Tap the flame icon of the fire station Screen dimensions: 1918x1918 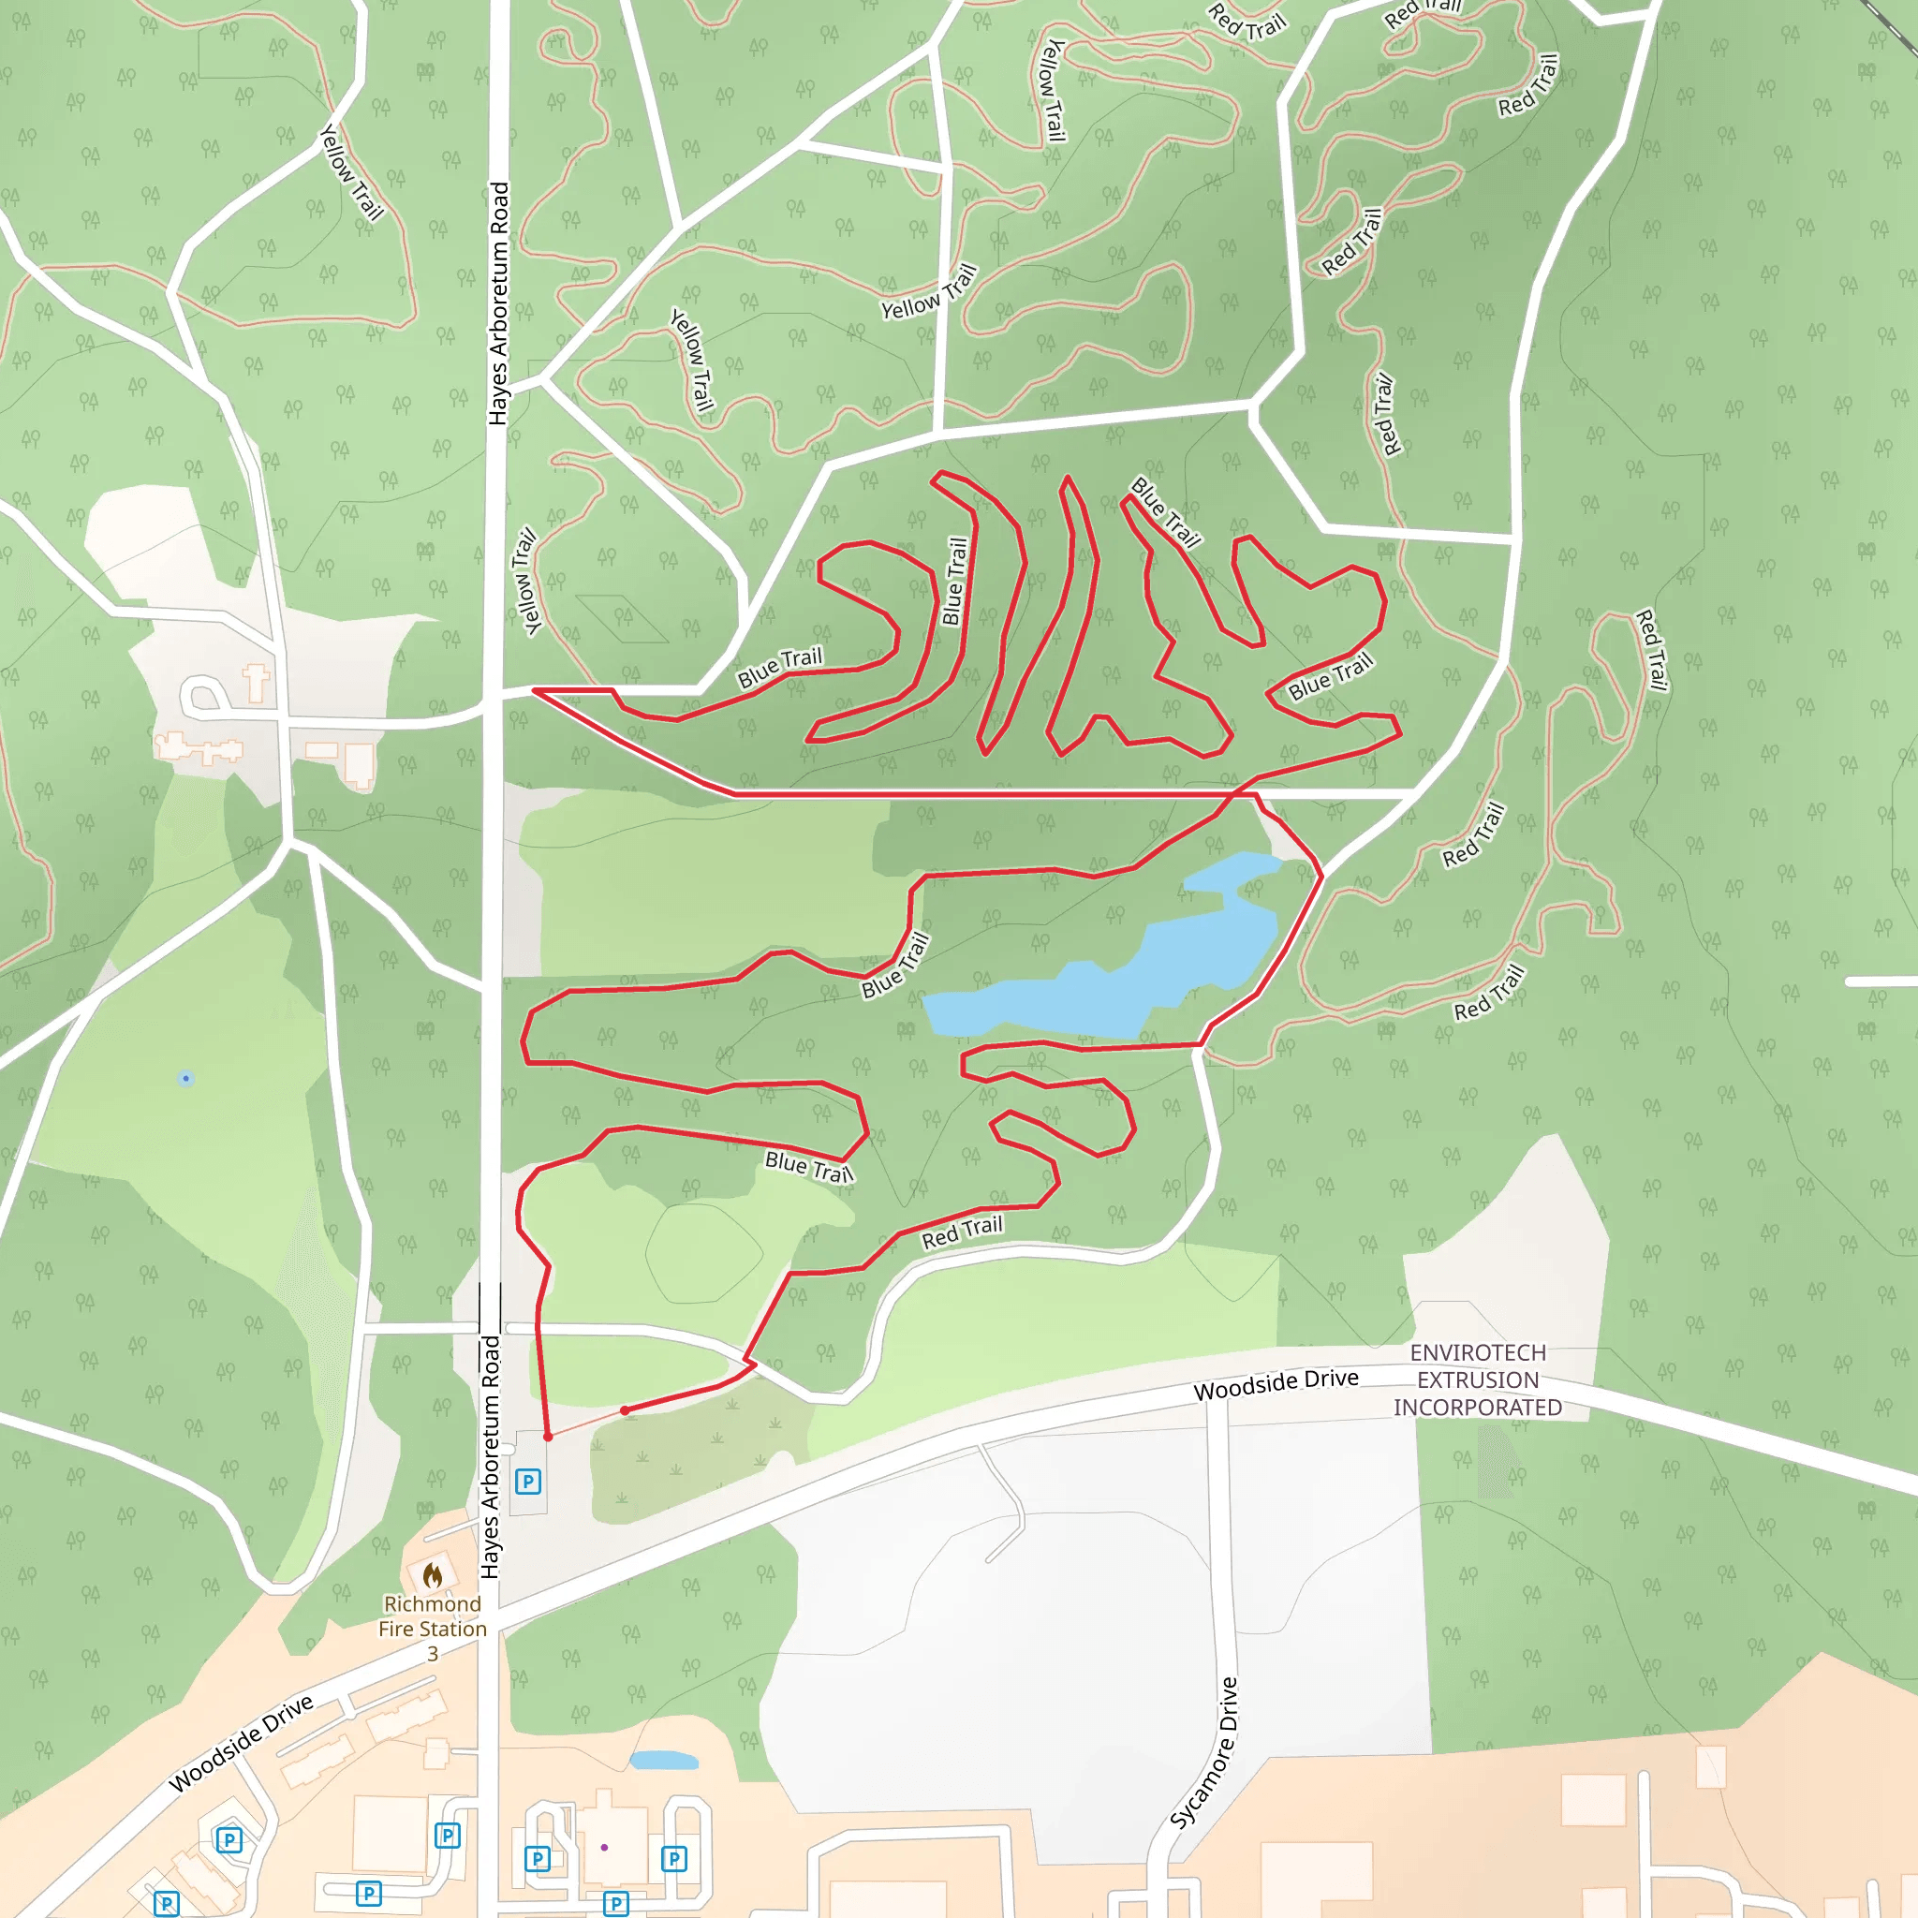[x=432, y=1574]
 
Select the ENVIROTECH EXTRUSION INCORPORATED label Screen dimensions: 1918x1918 [x=1477, y=1379]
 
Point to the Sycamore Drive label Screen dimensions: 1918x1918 [x=1204, y=1753]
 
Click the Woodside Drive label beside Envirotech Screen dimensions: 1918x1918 [x=1276, y=1384]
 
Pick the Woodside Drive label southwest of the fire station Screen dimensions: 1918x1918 [x=242, y=1744]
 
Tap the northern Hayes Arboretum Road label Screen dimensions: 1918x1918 [x=498, y=303]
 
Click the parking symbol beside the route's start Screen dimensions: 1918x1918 [x=528, y=1483]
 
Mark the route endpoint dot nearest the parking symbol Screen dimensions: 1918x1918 [x=548, y=1437]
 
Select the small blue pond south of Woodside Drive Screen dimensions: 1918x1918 [x=663, y=1760]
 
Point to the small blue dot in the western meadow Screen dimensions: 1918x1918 [x=185, y=1078]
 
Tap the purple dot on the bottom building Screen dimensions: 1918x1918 [x=605, y=1848]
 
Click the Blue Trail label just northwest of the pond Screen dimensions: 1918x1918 [x=895, y=965]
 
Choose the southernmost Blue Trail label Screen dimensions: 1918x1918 [x=808, y=1168]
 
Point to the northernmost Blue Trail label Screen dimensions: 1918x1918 [x=1165, y=512]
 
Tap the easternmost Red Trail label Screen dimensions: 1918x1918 [x=1651, y=650]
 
